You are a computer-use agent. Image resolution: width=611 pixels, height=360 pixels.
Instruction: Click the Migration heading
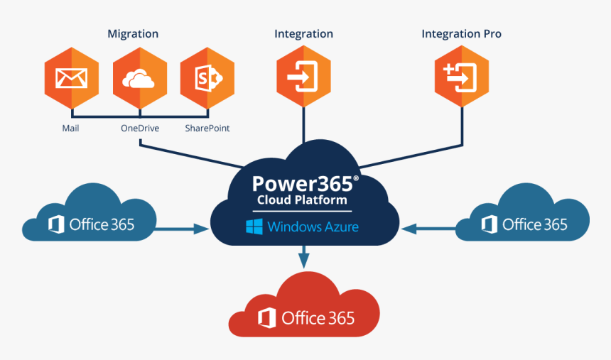tap(133, 34)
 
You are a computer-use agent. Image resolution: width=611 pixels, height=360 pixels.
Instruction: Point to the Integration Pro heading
tap(461, 34)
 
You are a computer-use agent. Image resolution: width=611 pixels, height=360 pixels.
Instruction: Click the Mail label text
tap(70, 129)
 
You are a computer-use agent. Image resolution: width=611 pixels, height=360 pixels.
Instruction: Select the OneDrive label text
tap(139, 129)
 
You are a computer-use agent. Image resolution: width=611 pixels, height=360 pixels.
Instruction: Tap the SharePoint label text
tap(207, 129)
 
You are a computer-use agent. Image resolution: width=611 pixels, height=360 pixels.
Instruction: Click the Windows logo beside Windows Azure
tap(254, 227)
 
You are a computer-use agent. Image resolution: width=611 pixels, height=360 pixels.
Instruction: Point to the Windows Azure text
tap(313, 227)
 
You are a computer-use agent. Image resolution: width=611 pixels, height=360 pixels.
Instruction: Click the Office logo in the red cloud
tap(267, 318)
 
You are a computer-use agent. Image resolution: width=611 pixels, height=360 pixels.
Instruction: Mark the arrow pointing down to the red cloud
tap(304, 257)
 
